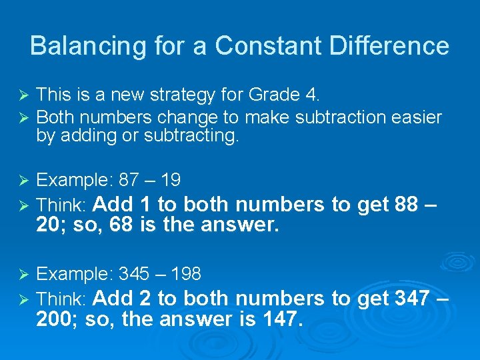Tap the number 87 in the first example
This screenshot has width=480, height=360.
pyautogui.click(x=129, y=180)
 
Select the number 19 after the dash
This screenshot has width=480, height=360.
pyautogui.click(x=170, y=180)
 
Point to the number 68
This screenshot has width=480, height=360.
pyautogui.click(x=121, y=225)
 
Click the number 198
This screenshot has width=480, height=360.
pyautogui.click(x=186, y=273)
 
